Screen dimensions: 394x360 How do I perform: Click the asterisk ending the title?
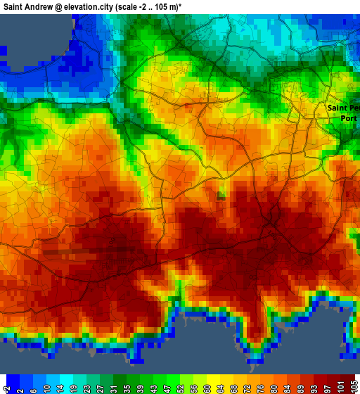click(181, 5)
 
